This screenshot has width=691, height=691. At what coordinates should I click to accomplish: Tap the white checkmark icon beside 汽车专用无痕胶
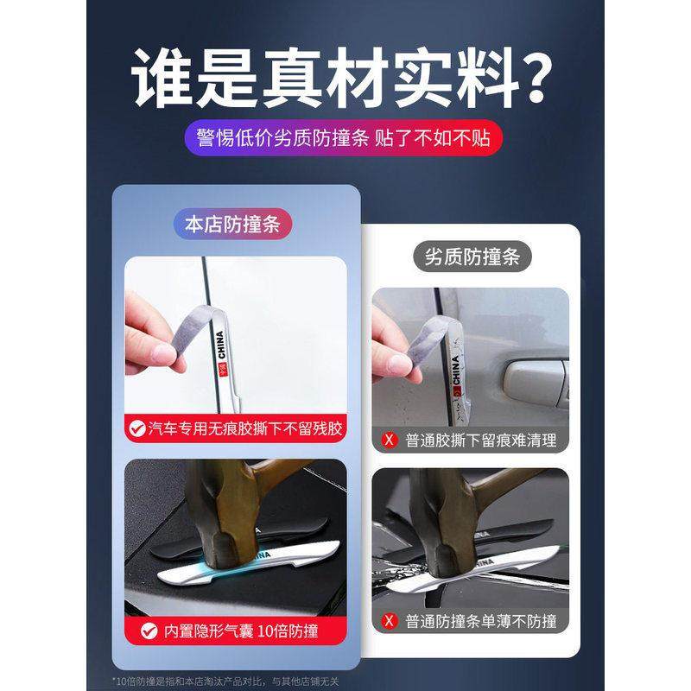click(136, 427)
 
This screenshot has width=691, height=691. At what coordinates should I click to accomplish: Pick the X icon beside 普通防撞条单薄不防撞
click(390, 620)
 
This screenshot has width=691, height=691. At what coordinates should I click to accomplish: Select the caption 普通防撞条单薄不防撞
click(480, 620)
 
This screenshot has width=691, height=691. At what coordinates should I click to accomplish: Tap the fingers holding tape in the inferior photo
click(389, 337)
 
